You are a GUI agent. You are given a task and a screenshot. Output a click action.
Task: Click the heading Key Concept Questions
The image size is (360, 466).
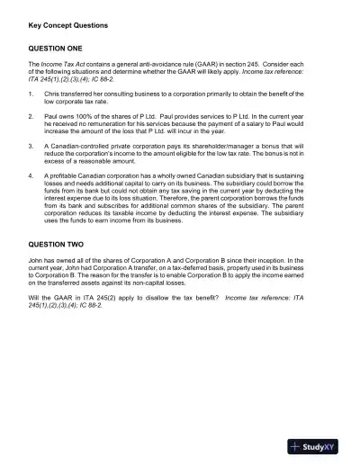pyautogui.click(x=68, y=25)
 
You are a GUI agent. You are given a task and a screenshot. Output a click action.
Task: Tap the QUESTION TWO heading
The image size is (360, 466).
pyautogui.click(x=57, y=244)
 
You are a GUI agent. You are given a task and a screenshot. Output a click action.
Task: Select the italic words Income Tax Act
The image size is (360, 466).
pyautogui.click(x=60, y=66)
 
